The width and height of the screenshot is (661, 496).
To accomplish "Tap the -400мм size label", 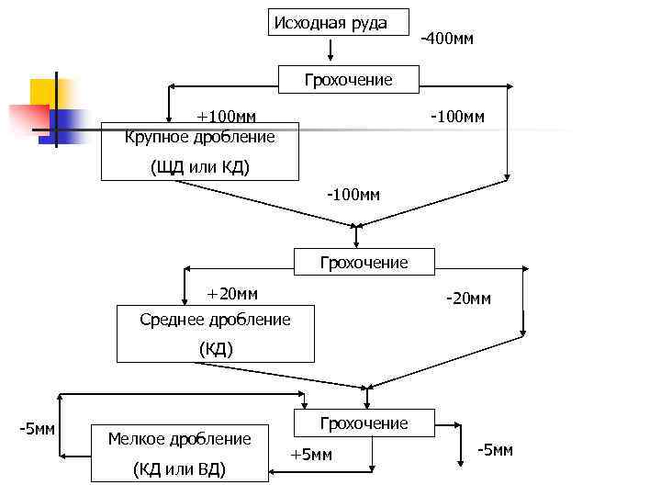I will (446, 39).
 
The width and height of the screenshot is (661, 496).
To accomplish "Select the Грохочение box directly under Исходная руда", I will (349, 80).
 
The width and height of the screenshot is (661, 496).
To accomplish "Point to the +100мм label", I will (228, 117).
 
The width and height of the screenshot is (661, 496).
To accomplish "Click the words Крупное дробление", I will (200, 137).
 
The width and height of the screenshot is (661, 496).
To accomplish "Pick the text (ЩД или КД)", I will (199, 167).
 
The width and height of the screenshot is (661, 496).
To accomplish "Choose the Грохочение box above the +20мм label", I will (364, 263).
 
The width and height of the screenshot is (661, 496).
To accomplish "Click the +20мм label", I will (231, 294).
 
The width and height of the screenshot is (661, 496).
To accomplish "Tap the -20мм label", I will (467, 299).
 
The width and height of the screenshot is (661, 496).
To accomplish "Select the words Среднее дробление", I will (215, 320).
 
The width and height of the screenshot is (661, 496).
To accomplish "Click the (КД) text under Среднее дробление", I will (216, 349).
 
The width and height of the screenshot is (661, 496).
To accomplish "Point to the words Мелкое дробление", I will (179, 439).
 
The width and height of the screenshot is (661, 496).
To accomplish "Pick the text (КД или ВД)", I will (179, 469).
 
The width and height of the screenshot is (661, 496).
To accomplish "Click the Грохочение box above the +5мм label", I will (364, 423).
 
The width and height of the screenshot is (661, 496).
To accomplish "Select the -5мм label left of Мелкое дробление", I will (38, 429).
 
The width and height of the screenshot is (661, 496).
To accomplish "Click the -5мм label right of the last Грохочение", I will (496, 450).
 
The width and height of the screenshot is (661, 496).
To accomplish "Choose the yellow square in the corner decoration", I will (46, 93).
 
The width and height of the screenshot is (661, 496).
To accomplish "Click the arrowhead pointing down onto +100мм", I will (169, 116).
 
